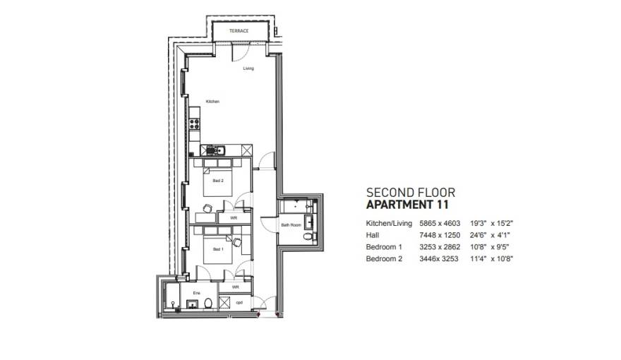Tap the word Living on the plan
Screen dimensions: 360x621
(248, 68)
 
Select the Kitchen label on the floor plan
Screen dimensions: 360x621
(212, 102)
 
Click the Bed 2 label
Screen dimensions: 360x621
(218, 180)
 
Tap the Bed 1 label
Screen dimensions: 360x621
(218, 249)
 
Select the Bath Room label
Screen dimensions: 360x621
(291, 225)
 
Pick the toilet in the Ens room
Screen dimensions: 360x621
(208, 304)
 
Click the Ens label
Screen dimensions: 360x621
(187, 291)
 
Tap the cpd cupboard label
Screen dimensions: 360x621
(240, 302)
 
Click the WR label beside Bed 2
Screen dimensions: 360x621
(234, 218)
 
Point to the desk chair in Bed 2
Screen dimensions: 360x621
(207, 208)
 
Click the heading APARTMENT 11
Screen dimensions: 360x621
(406, 205)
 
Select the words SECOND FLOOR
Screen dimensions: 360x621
(411, 192)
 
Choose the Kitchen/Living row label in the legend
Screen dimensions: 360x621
(385, 223)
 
